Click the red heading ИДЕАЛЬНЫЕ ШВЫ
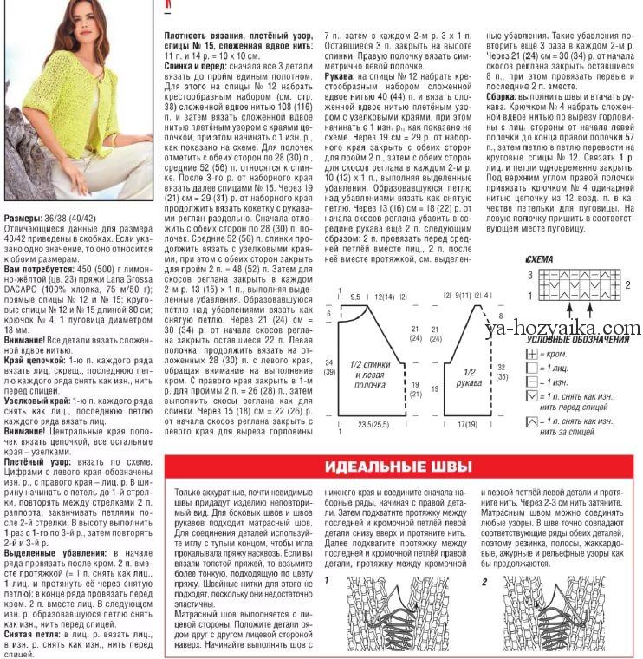pyautogui.click(x=398, y=467)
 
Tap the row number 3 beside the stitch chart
pyautogui.click(x=530, y=274)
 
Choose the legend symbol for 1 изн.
pyautogui.click(x=532, y=382)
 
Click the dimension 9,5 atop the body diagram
pyautogui.click(x=355, y=297)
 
